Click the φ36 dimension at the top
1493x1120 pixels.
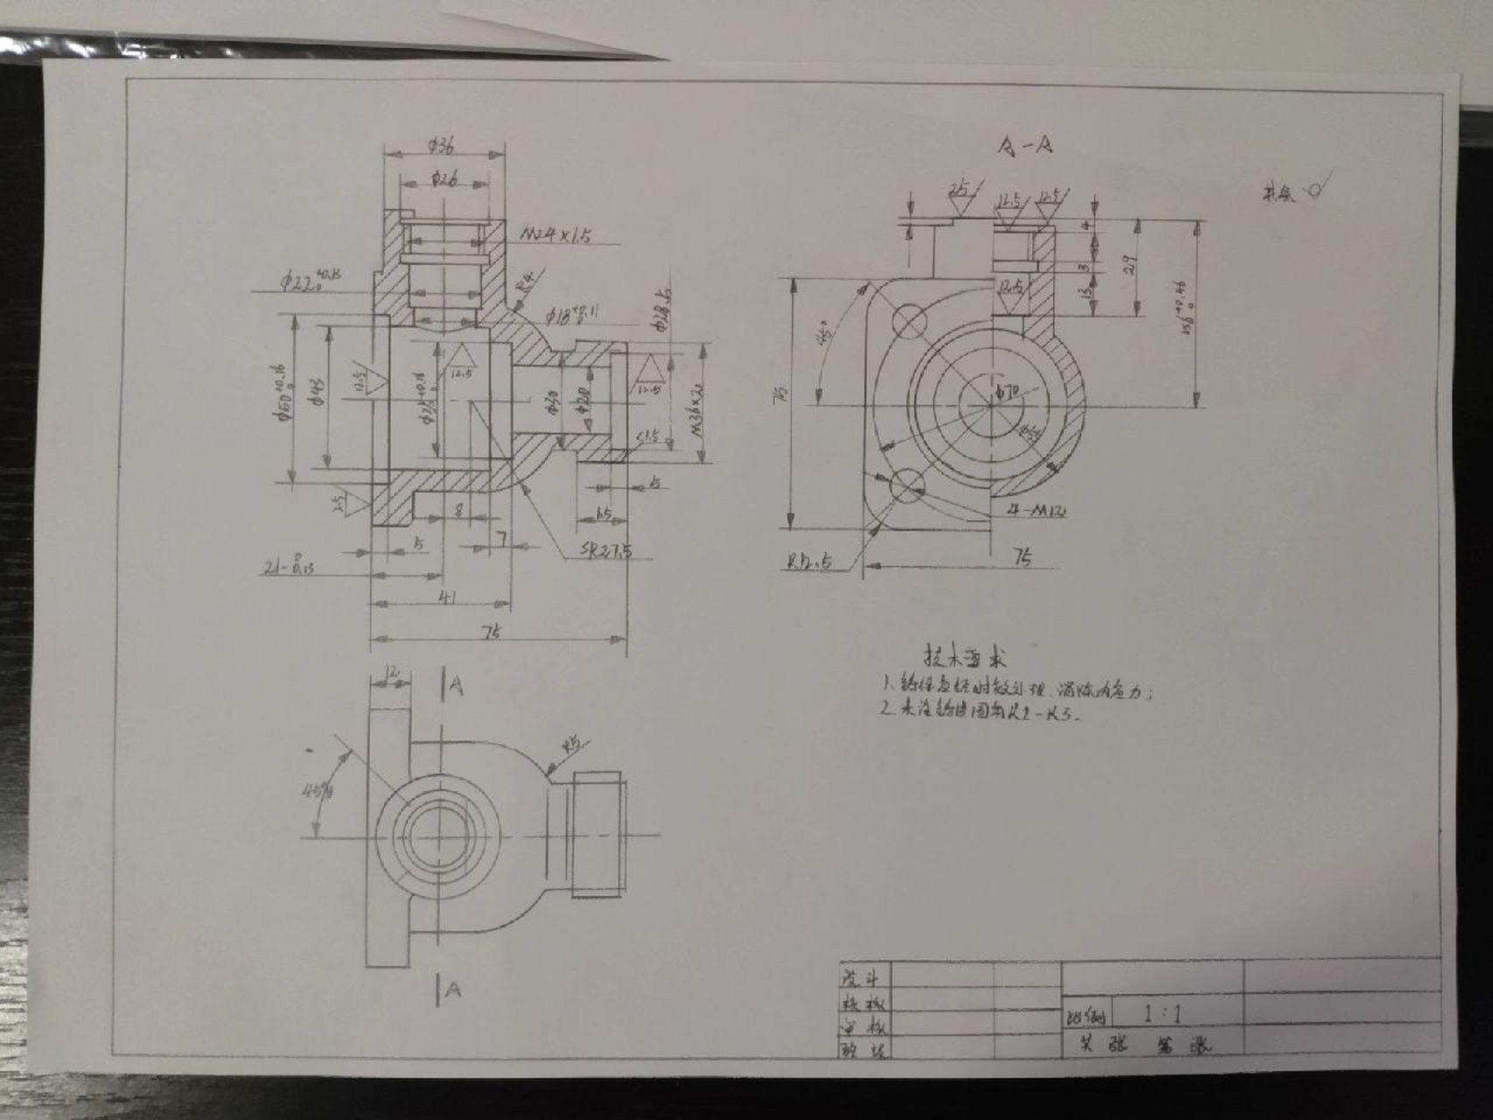click(445, 146)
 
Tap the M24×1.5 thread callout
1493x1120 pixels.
click(556, 234)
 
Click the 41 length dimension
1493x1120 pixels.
click(446, 597)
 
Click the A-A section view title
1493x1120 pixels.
click(1024, 147)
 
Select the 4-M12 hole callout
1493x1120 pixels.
click(1036, 510)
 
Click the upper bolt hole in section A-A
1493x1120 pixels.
click(909, 320)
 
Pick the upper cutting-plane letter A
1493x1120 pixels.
click(456, 687)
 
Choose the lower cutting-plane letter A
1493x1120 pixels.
click(451, 990)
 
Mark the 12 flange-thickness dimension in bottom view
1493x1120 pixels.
click(392, 673)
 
